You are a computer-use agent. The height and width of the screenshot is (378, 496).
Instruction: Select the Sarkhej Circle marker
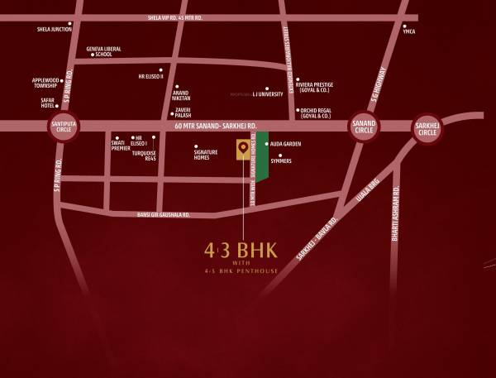(x=427, y=127)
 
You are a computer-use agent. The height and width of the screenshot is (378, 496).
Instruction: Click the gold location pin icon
(x=242, y=149)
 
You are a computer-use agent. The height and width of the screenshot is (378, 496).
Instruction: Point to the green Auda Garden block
(x=261, y=161)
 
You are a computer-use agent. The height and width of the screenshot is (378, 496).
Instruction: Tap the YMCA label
(x=408, y=31)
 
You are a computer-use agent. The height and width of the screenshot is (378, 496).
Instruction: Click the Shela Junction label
(x=55, y=29)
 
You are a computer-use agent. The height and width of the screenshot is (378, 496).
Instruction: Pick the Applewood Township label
(x=45, y=83)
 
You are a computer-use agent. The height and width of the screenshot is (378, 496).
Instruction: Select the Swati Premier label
(x=121, y=146)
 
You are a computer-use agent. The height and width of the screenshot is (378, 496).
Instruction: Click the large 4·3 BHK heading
(x=242, y=249)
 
